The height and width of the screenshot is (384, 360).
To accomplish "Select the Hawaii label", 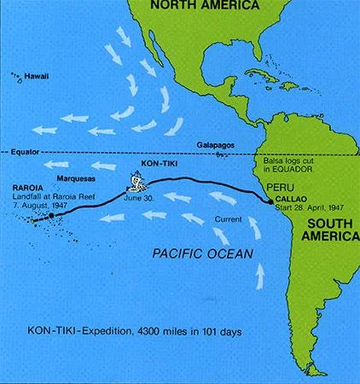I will [x=37, y=76].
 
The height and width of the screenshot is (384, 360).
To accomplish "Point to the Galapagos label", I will [x=213, y=145].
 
